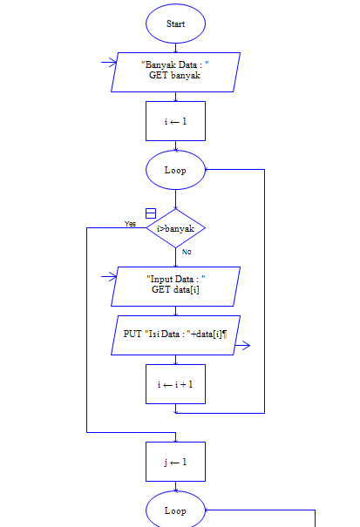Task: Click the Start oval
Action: click(x=175, y=24)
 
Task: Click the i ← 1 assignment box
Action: click(x=175, y=121)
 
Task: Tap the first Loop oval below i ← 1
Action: click(x=175, y=170)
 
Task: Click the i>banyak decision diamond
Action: click(x=175, y=228)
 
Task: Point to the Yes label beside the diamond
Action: click(x=130, y=224)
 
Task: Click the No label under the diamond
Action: click(x=187, y=252)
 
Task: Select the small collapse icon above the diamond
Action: click(x=150, y=213)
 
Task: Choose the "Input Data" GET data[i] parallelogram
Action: click(x=175, y=285)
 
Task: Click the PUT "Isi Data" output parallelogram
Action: click(x=175, y=335)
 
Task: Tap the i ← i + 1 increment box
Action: click(x=175, y=384)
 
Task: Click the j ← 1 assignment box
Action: click(x=175, y=462)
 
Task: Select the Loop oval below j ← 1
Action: click(x=175, y=510)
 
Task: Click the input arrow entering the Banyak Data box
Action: click(x=110, y=62)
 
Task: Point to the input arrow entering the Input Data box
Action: click(x=110, y=277)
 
